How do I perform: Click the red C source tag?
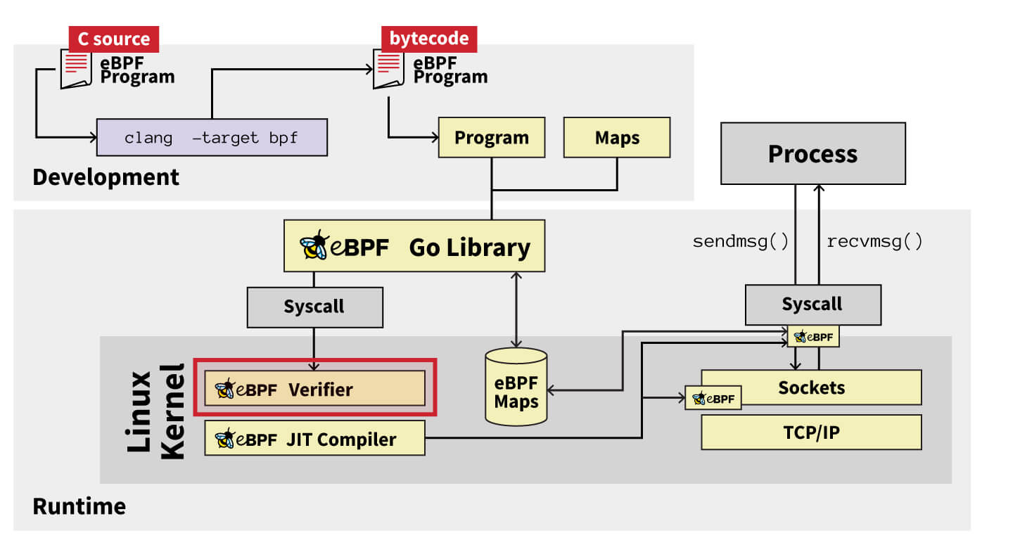tap(113, 39)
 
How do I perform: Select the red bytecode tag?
tap(428, 39)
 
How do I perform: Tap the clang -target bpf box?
tap(211, 137)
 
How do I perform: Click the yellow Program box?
tap(491, 137)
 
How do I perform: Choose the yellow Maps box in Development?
tap(617, 137)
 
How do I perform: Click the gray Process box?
tap(812, 153)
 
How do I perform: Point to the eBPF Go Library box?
tap(414, 246)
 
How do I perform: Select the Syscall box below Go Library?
tap(314, 307)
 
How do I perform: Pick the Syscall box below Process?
tap(812, 304)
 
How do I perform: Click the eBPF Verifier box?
tap(314, 388)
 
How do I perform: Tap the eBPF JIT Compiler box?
tap(314, 439)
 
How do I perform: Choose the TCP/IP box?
tap(811, 432)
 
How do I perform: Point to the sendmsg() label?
tap(741, 242)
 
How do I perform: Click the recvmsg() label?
tap(874, 242)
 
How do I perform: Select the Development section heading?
tap(106, 177)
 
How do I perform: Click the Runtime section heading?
tap(79, 506)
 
